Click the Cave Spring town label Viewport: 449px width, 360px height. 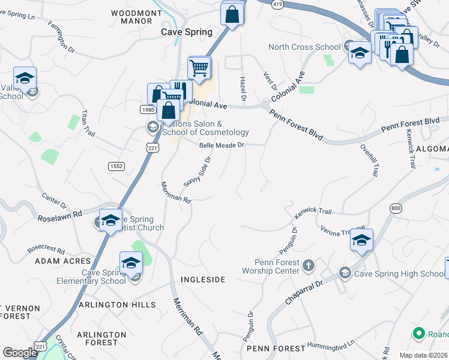click(187, 32)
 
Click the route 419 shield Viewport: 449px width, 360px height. click(277, 4)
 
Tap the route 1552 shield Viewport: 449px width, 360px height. click(116, 166)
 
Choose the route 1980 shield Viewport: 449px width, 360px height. click(148, 110)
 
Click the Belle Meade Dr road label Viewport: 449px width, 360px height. click(222, 145)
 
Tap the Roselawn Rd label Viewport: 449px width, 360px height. click(60, 219)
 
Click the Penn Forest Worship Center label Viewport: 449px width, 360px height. click(270, 267)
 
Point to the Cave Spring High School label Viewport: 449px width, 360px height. click(399, 274)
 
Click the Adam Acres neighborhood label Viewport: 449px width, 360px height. click(62, 261)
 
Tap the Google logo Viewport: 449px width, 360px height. click(20, 353)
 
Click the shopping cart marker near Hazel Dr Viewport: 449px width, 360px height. click(199, 68)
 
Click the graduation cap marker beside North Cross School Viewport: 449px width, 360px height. click(360, 54)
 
